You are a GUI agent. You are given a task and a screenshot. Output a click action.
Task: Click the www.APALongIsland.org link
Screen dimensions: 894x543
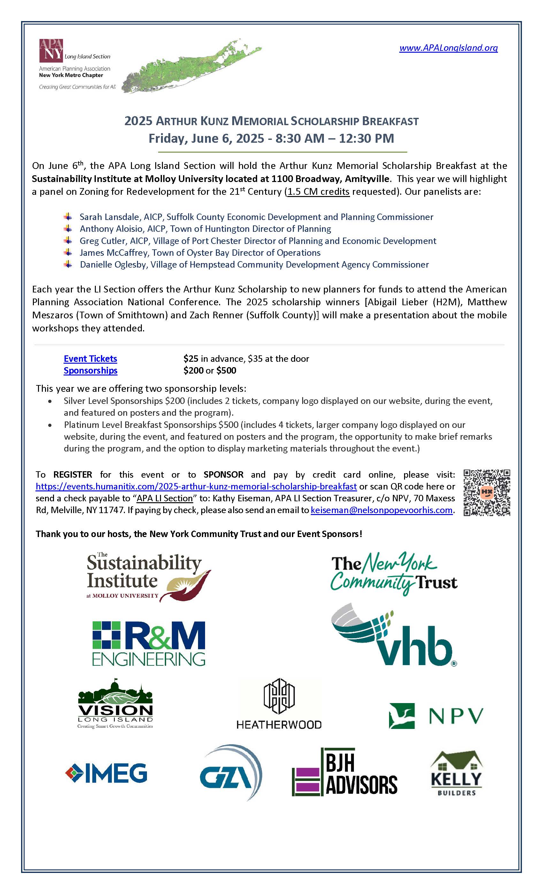pyautogui.click(x=448, y=48)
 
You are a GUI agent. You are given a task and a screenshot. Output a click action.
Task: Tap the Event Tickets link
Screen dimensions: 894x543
pyautogui.click(x=90, y=359)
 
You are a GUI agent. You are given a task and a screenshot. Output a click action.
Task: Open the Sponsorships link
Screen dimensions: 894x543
pyautogui.click(x=90, y=370)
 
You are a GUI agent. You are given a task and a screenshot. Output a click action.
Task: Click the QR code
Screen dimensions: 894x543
pyautogui.click(x=487, y=492)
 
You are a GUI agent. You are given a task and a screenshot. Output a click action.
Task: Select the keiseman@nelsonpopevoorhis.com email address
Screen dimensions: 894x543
pyautogui.click(x=381, y=510)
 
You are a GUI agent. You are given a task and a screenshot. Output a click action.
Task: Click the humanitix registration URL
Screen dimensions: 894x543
pyautogui.click(x=196, y=486)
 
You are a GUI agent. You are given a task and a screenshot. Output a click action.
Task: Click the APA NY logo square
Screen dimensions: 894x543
pyautogui.click(x=51, y=50)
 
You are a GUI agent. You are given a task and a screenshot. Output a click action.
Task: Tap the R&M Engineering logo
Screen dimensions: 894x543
pyautogui.click(x=149, y=644)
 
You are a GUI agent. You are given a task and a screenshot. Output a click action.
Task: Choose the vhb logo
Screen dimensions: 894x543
pyautogui.click(x=394, y=637)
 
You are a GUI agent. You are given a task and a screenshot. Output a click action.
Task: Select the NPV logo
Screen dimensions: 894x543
pyautogui.click(x=436, y=716)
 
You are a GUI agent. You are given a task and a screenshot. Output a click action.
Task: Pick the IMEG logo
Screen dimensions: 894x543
pyautogui.click(x=106, y=773)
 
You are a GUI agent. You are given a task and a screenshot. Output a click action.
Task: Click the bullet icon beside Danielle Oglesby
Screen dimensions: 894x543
pyautogui.click(x=67, y=264)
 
